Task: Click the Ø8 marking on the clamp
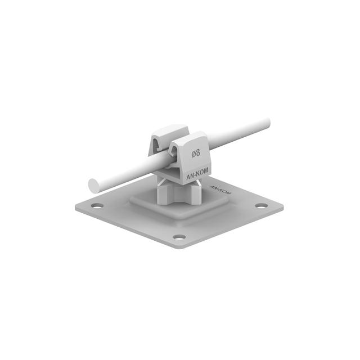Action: click(x=196, y=152)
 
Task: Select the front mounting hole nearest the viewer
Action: click(x=179, y=237)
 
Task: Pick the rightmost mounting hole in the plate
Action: click(x=260, y=205)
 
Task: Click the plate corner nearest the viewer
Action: click(x=179, y=247)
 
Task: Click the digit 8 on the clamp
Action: click(x=199, y=152)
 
